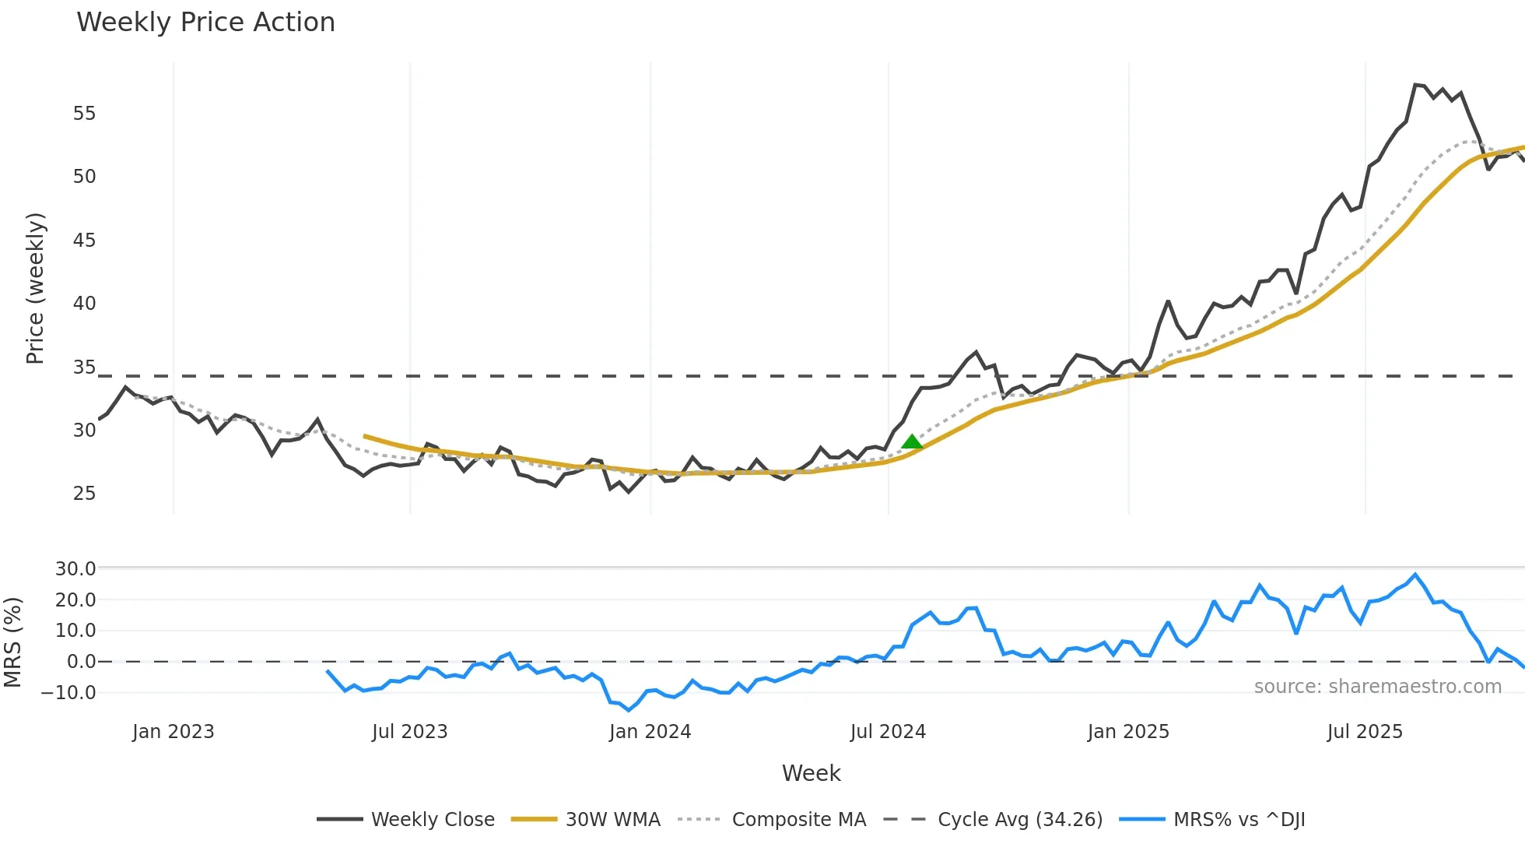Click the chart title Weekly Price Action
pyautogui.click(x=205, y=23)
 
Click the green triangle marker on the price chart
pyautogui.click(x=912, y=442)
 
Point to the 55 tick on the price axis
pyautogui.click(x=84, y=114)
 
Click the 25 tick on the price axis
pyautogui.click(x=84, y=494)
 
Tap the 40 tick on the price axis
pyautogui.click(x=84, y=304)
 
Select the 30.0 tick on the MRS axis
pyautogui.click(x=75, y=569)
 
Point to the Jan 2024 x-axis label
pyautogui.click(x=650, y=732)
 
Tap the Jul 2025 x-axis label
pyautogui.click(x=1365, y=732)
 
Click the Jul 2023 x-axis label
pyautogui.click(x=409, y=732)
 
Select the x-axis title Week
pyautogui.click(x=811, y=773)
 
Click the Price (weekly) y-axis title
pyautogui.click(x=36, y=288)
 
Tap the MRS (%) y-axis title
pyautogui.click(x=12, y=642)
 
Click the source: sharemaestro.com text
pyautogui.click(x=1377, y=687)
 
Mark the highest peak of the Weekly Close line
pyautogui.click(x=1416, y=84)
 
